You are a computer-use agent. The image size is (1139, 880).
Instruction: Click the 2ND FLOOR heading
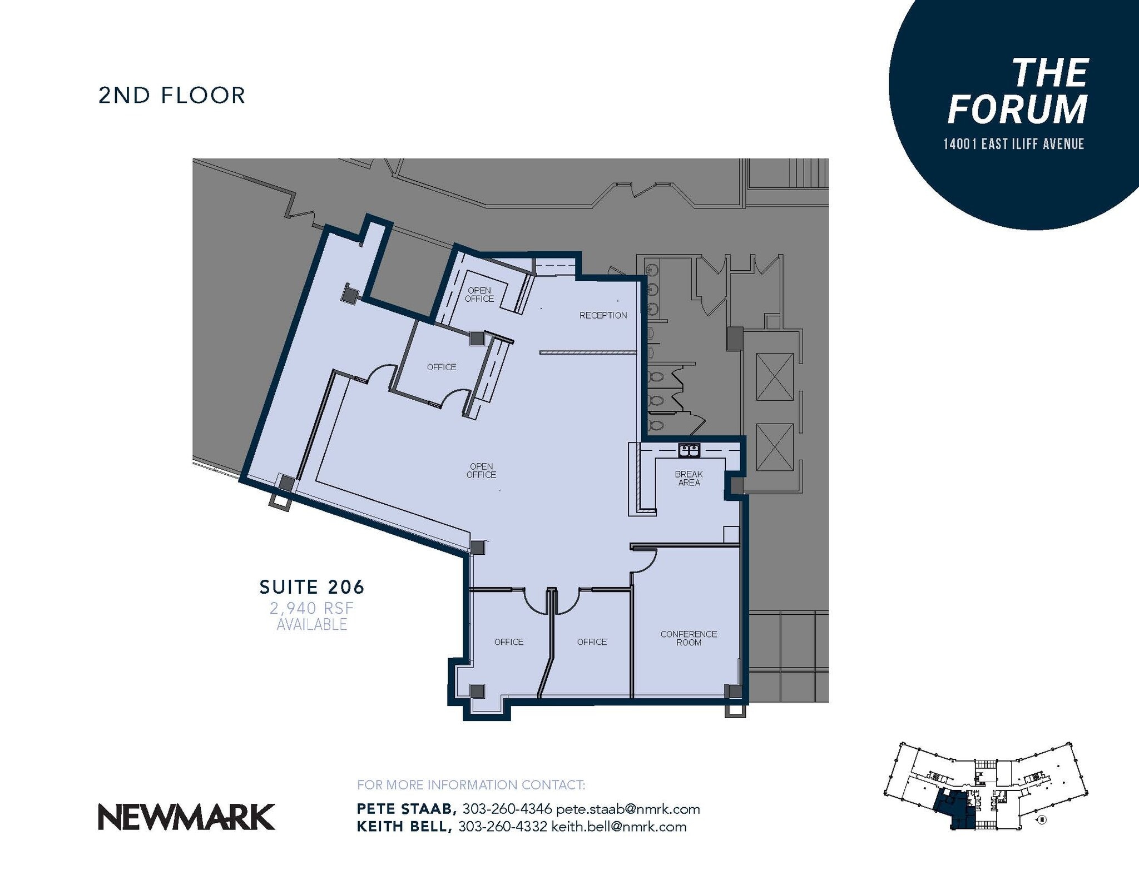[172, 95]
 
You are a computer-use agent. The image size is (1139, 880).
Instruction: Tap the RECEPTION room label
[603, 315]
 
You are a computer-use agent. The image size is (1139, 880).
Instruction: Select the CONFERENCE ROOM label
[689, 638]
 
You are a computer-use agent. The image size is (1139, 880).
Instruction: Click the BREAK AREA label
[689, 478]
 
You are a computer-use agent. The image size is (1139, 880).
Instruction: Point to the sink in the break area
[689, 450]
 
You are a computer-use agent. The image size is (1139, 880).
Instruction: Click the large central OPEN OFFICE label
[482, 470]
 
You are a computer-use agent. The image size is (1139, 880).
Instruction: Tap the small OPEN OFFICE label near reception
[479, 295]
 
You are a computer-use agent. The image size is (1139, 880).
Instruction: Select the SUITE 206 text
[312, 586]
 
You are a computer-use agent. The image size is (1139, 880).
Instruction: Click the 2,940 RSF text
[311, 608]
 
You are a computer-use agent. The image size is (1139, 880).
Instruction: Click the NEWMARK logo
[186, 817]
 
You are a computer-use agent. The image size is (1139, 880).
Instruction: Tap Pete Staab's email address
[628, 809]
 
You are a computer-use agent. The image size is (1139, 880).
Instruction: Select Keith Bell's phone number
[502, 827]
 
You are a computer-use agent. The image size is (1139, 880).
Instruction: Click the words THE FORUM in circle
[1018, 92]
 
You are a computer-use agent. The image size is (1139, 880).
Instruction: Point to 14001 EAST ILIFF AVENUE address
[1013, 144]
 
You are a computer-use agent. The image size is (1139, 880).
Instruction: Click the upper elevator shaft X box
[775, 376]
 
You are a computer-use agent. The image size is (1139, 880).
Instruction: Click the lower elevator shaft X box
[775, 447]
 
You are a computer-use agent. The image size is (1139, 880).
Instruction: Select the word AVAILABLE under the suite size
[311, 625]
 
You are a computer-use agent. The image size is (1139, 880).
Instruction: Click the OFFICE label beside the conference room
[592, 642]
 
